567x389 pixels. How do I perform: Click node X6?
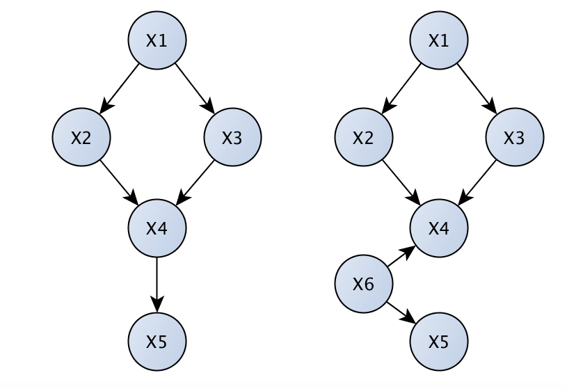pyautogui.click(x=364, y=283)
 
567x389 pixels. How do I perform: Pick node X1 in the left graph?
pyautogui.click(x=157, y=41)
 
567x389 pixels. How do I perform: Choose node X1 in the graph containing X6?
pyautogui.click(x=439, y=41)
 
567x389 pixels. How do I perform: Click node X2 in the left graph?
pyautogui.click(x=81, y=137)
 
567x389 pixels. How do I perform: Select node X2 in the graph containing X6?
pyautogui.click(x=363, y=137)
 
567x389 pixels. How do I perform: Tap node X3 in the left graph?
pyautogui.click(x=232, y=137)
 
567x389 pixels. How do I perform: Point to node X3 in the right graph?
pyautogui.click(x=515, y=137)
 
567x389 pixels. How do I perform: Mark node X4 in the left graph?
pyautogui.click(x=157, y=228)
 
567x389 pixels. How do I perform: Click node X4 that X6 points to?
pyautogui.click(x=439, y=228)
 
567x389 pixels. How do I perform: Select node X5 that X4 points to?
pyautogui.click(x=157, y=341)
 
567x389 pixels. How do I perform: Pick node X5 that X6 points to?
pyautogui.click(x=439, y=341)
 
